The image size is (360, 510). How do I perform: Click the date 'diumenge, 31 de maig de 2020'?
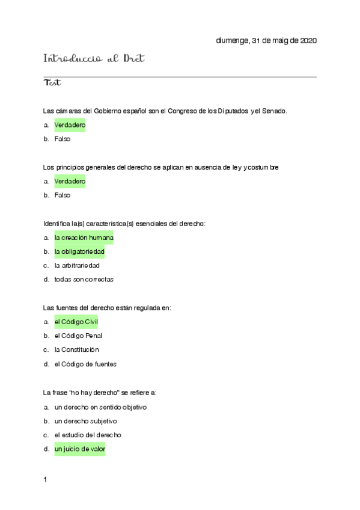pyautogui.click(x=266, y=41)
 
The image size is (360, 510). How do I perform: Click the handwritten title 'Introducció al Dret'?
pyautogui.click(x=95, y=59)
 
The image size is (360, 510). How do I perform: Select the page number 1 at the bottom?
pyautogui.click(x=45, y=480)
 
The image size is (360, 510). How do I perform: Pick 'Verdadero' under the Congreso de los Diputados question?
pyautogui.click(x=70, y=125)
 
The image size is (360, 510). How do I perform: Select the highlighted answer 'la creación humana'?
pyautogui.click(x=84, y=238)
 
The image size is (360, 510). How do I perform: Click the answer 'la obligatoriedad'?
pyautogui.click(x=79, y=251)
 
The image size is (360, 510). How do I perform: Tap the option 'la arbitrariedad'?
pyautogui.click(x=77, y=265)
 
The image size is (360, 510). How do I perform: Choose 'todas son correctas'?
pyautogui.click(x=84, y=280)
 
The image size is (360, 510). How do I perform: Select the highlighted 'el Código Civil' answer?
pyautogui.click(x=76, y=322)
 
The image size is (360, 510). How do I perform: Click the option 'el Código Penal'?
pyautogui.click(x=78, y=336)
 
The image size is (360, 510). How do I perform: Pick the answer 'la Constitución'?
pyautogui.click(x=76, y=349)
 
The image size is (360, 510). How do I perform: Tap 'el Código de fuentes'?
pyautogui.click(x=85, y=364)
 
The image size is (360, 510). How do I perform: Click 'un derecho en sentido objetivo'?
pyautogui.click(x=100, y=407)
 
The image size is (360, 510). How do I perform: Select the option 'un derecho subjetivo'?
pyautogui.click(x=85, y=421)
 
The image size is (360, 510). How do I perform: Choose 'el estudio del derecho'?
pyautogui.click(x=87, y=435)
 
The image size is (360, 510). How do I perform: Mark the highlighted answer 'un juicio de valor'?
pyautogui.click(x=79, y=449)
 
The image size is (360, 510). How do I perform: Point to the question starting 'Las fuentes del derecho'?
pyautogui.click(x=108, y=308)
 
